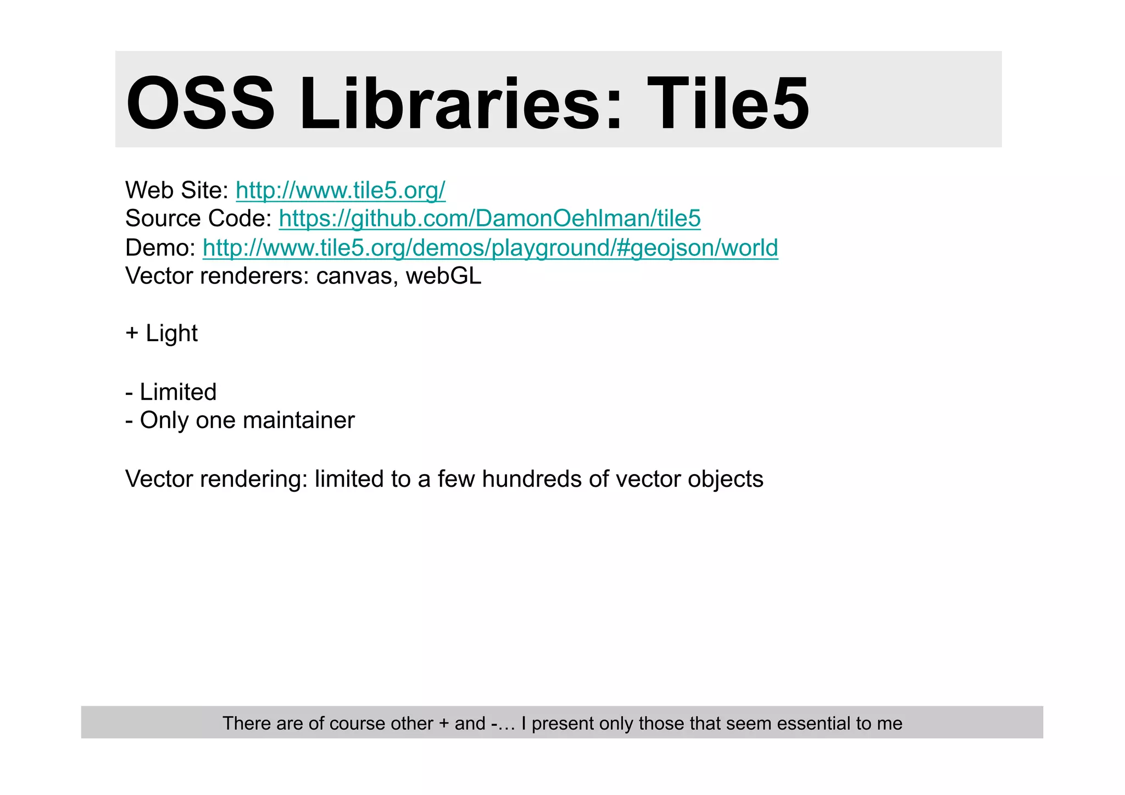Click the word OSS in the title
point(201,104)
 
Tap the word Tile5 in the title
point(727,104)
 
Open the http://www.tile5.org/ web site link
point(341,190)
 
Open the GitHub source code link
point(489,219)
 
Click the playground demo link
point(490,248)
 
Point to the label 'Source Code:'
point(198,219)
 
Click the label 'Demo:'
point(160,248)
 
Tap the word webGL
point(443,276)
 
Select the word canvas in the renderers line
point(357,276)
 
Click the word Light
point(171,333)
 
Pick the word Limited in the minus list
point(178,392)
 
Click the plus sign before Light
point(132,333)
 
